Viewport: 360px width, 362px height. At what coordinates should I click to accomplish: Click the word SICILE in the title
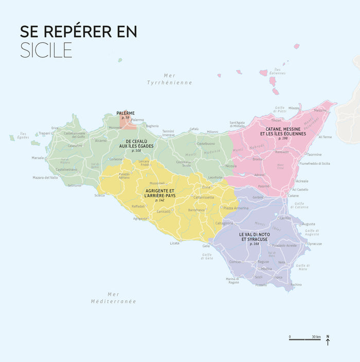46,50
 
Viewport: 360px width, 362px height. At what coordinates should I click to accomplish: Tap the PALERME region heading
125,113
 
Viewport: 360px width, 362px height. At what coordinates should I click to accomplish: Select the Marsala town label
38,158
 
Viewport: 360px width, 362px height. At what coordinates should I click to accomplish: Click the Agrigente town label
140,218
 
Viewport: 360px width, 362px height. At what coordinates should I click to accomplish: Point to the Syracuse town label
315,244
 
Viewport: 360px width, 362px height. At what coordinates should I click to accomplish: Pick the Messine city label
320,110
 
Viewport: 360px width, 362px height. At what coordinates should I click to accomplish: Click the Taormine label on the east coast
314,154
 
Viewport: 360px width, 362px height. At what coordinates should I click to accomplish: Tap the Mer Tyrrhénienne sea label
169,79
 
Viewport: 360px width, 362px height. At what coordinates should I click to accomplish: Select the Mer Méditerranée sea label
114,298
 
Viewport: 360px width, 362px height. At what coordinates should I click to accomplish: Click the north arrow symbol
328,340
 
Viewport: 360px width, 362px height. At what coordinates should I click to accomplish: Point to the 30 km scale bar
305,339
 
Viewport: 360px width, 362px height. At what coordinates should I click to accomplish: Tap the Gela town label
206,246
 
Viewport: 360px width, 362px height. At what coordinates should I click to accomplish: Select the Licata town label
175,243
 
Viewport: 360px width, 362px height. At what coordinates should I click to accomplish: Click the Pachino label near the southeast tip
296,284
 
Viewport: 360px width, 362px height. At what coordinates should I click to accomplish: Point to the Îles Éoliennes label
277,71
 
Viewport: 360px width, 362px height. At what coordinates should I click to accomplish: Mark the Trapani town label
44,133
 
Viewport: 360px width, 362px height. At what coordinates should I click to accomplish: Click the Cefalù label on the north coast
194,129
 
